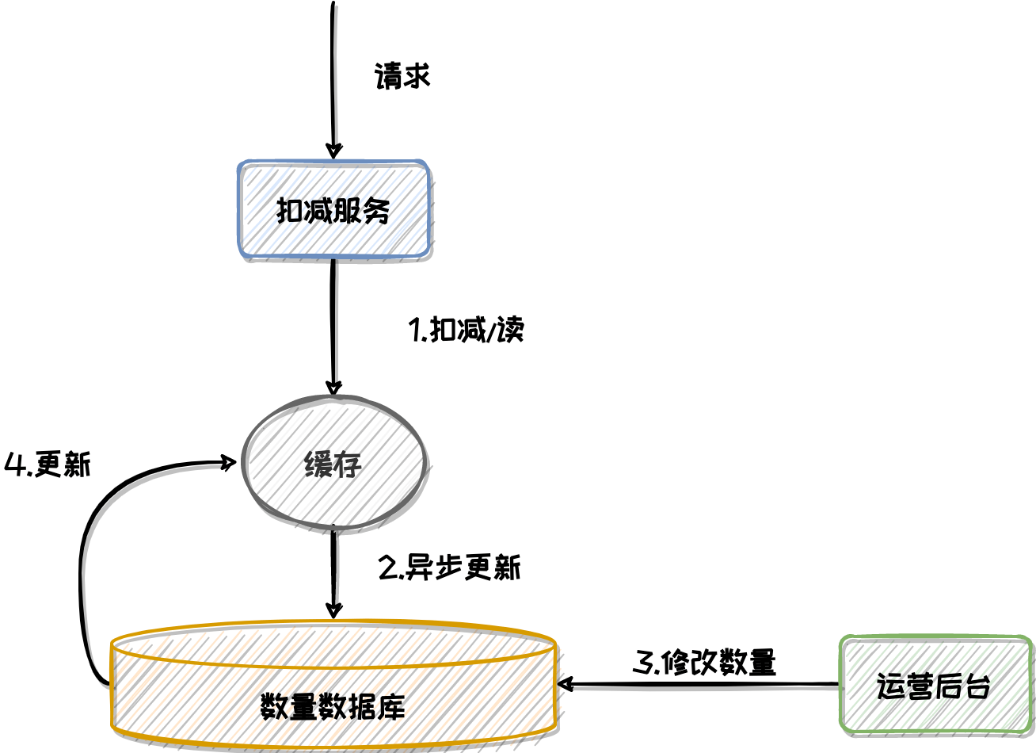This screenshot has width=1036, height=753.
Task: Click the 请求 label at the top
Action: pos(402,76)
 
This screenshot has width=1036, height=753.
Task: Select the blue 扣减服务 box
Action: pos(333,210)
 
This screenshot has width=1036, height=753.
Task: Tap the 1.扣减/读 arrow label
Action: pos(466,330)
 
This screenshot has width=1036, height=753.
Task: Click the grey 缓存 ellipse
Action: pos(333,463)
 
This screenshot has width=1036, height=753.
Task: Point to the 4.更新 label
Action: pos(48,464)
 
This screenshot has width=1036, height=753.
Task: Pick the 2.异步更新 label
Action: pos(449,568)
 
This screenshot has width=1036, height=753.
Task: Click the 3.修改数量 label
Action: pos(704,663)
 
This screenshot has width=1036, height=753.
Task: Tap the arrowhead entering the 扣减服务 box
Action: pos(334,151)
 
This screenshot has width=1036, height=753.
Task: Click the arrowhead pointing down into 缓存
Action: pos(334,388)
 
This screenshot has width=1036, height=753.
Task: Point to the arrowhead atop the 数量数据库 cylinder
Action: pos(334,610)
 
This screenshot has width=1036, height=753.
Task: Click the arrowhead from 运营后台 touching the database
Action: pos(566,684)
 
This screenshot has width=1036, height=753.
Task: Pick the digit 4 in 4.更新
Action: pos(15,464)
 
